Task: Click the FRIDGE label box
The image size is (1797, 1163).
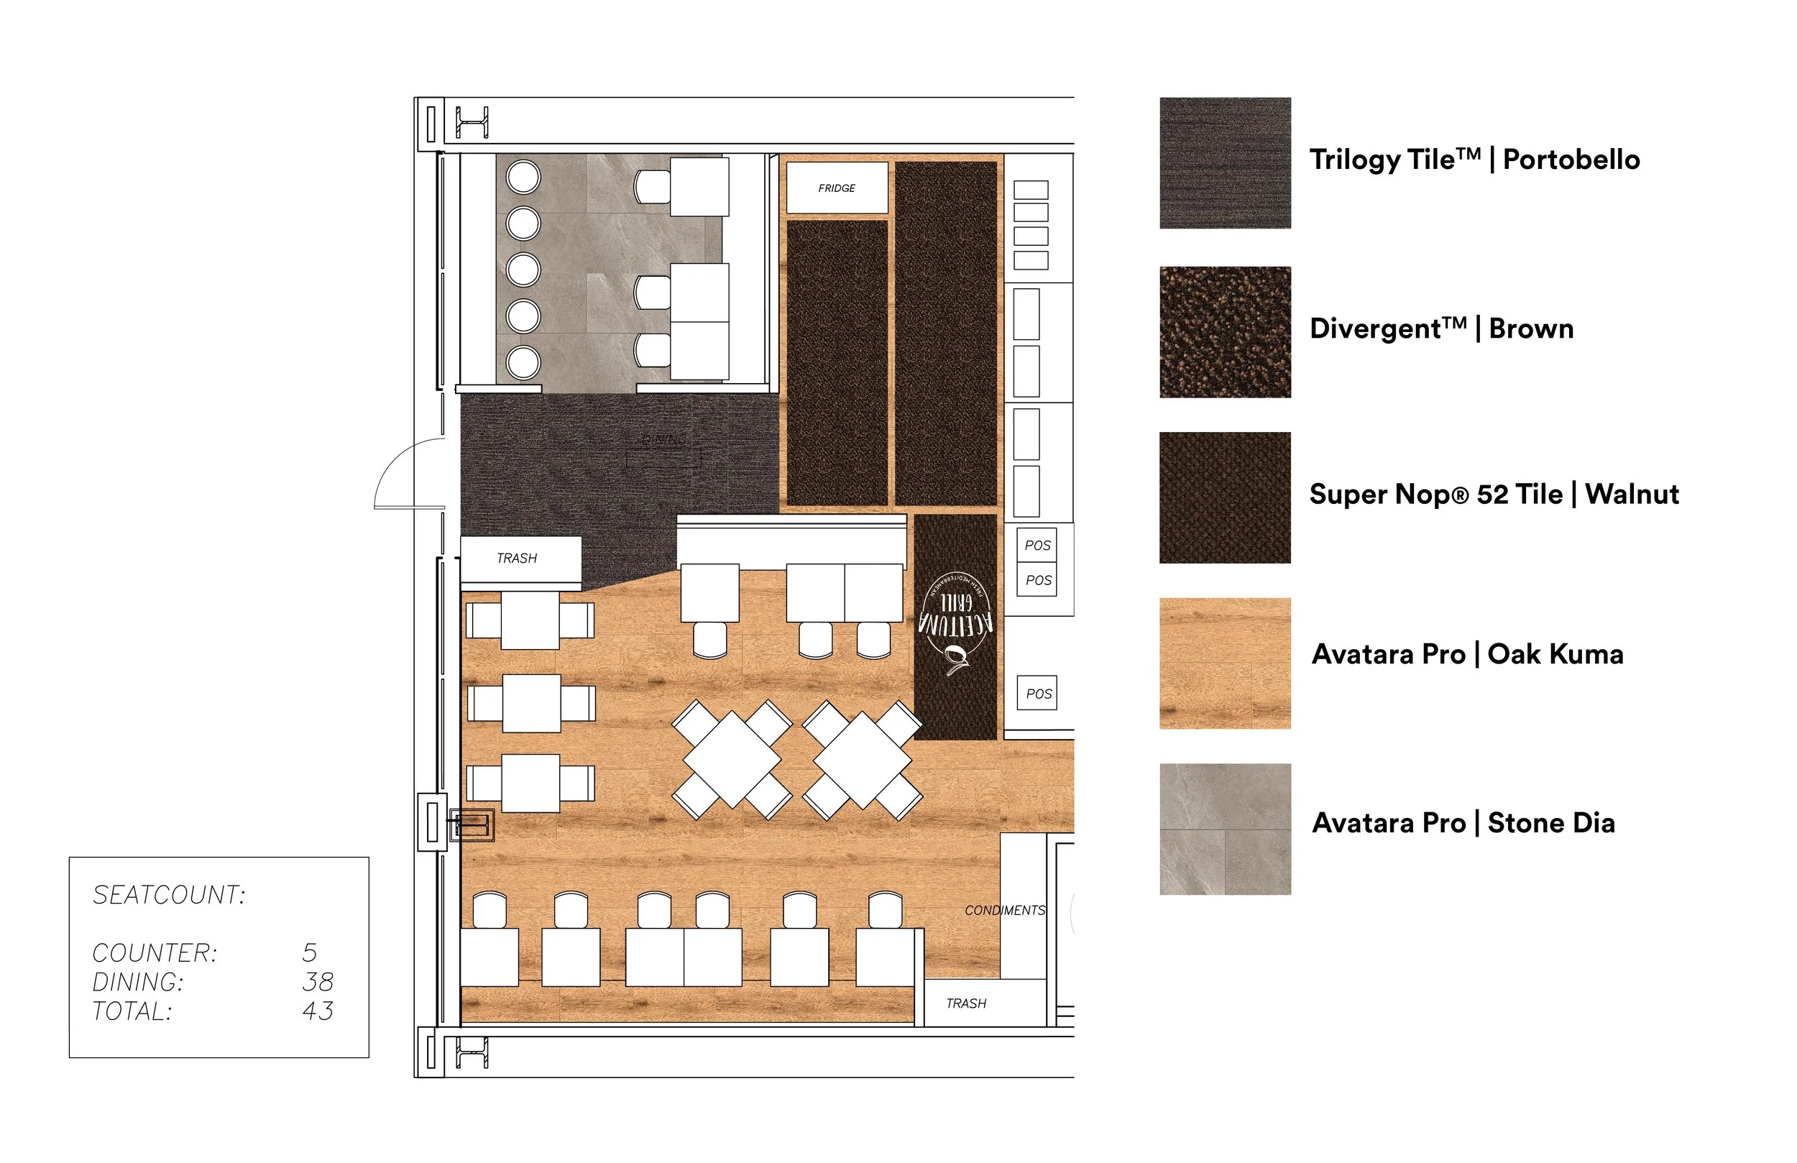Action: [x=837, y=188]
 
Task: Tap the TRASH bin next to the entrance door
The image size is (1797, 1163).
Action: [x=520, y=558]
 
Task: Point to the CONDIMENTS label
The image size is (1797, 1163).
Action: [x=1004, y=911]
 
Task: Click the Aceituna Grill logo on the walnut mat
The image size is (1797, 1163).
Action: [x=955, y=624]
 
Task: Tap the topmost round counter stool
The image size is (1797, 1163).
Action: [x=523, y=178]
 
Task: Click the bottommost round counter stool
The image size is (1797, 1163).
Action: [x=523, y=362]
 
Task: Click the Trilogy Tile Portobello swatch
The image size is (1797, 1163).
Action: [x=1225, y=163]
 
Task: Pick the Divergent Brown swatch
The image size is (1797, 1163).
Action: [x=1225, y=332]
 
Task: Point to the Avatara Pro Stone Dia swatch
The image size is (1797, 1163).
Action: [x=1225, y=829]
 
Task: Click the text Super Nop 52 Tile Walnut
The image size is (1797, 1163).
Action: [x=1494, y=495]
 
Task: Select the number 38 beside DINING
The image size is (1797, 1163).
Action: [x=317, y=982]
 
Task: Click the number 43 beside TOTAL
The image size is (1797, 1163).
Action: [x=317, y=1011]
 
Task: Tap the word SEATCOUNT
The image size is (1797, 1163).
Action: [x=169, y=895]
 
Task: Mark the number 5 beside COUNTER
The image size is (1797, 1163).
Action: [x=310, y=953]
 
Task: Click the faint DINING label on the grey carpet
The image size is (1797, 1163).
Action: [x=663, y=439]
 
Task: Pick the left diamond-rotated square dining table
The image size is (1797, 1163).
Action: [x=732, y=760]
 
